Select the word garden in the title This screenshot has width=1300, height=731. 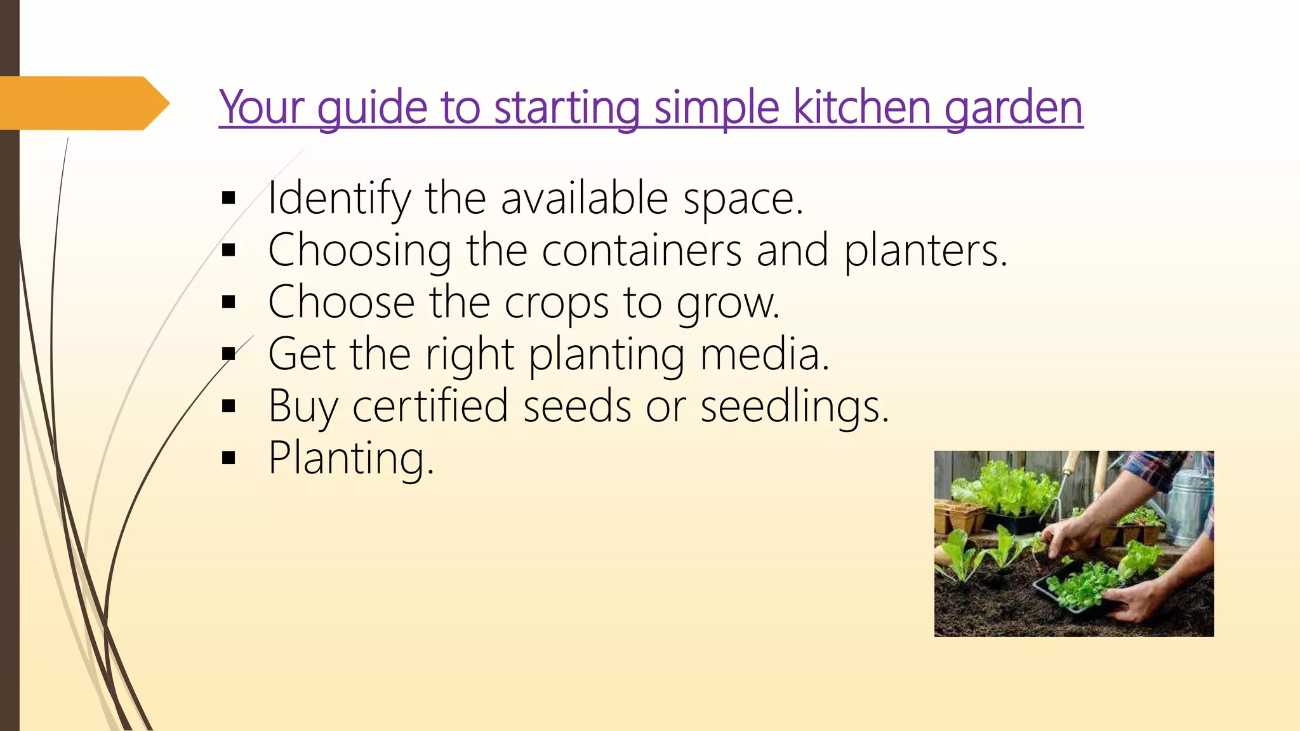(1013, 108)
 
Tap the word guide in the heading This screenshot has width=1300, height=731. (372, 108)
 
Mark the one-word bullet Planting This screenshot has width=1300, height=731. (350, 458)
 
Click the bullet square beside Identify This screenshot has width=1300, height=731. (229, 199)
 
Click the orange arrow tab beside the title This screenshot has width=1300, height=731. (83, 103)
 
